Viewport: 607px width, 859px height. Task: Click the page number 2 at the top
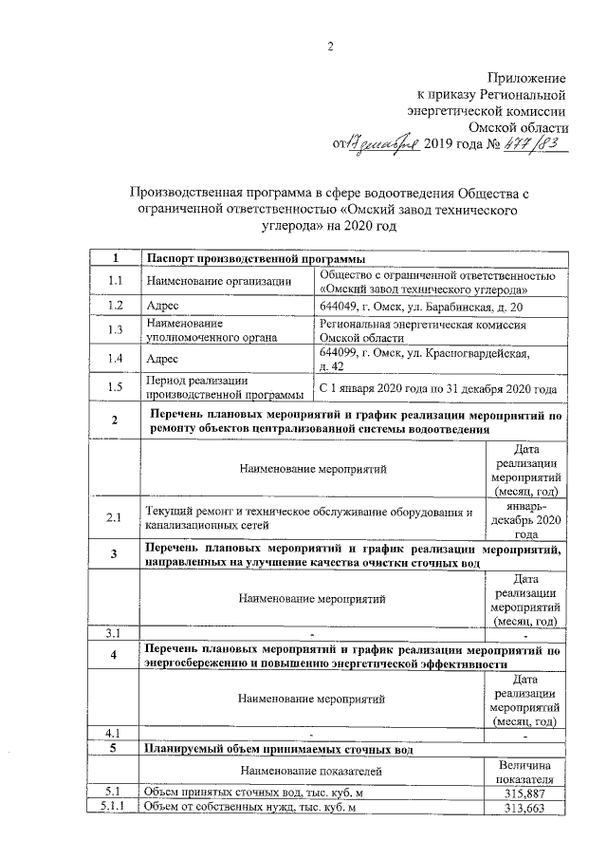pos(331,47)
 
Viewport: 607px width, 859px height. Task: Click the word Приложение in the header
pos(527,77)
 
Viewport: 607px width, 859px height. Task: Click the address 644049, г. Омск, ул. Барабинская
pos(420,306)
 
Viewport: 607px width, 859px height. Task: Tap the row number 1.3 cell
pos(115,330)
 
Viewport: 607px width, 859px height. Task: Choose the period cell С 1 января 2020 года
pos(437,388)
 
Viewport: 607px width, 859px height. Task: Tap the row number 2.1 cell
pos(115,518)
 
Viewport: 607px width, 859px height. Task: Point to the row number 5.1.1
pos(115,807)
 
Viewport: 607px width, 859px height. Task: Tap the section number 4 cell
pos(115,656)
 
